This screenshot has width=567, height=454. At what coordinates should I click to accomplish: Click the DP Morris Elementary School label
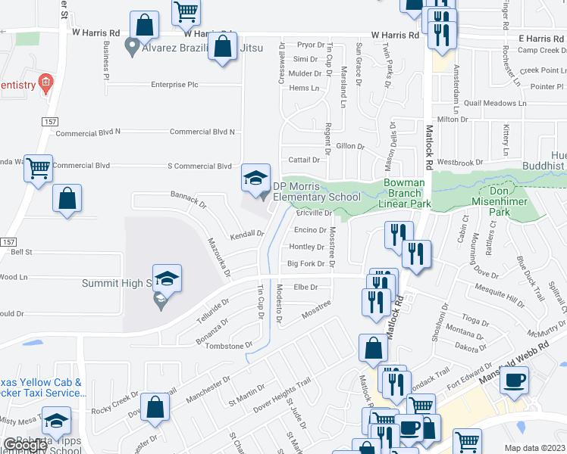click(x=317, y=191)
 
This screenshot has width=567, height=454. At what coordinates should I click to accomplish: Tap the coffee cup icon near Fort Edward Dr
click(x=515, y=380)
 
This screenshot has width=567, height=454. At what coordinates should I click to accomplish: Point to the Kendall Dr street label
click(x=247, y=235)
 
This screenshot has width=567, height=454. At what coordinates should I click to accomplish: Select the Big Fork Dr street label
click(x=306, y=264)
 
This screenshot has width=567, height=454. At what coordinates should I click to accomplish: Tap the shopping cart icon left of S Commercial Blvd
click(x=38, y=168)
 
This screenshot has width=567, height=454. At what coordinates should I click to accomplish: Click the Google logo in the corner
click(x=24, y=445)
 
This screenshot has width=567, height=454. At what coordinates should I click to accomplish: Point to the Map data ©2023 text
click(x=534, y=448)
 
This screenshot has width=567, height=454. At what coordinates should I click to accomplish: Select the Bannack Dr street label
click(x=189, y=200)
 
